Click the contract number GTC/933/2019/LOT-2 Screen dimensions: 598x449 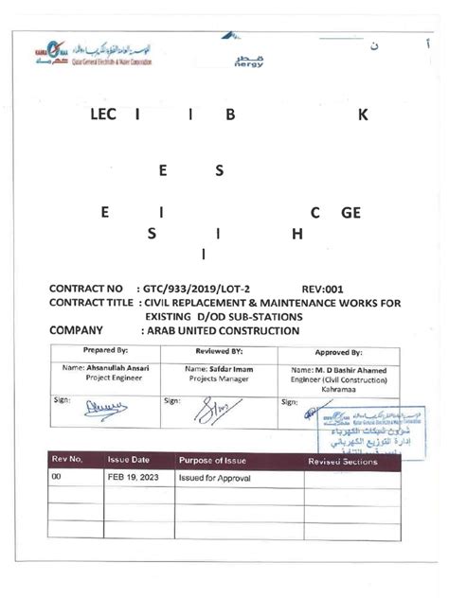pyautogui.click(x=200, y=289)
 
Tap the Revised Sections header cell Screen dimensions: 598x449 pyautogui.click(x=347, y=460)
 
